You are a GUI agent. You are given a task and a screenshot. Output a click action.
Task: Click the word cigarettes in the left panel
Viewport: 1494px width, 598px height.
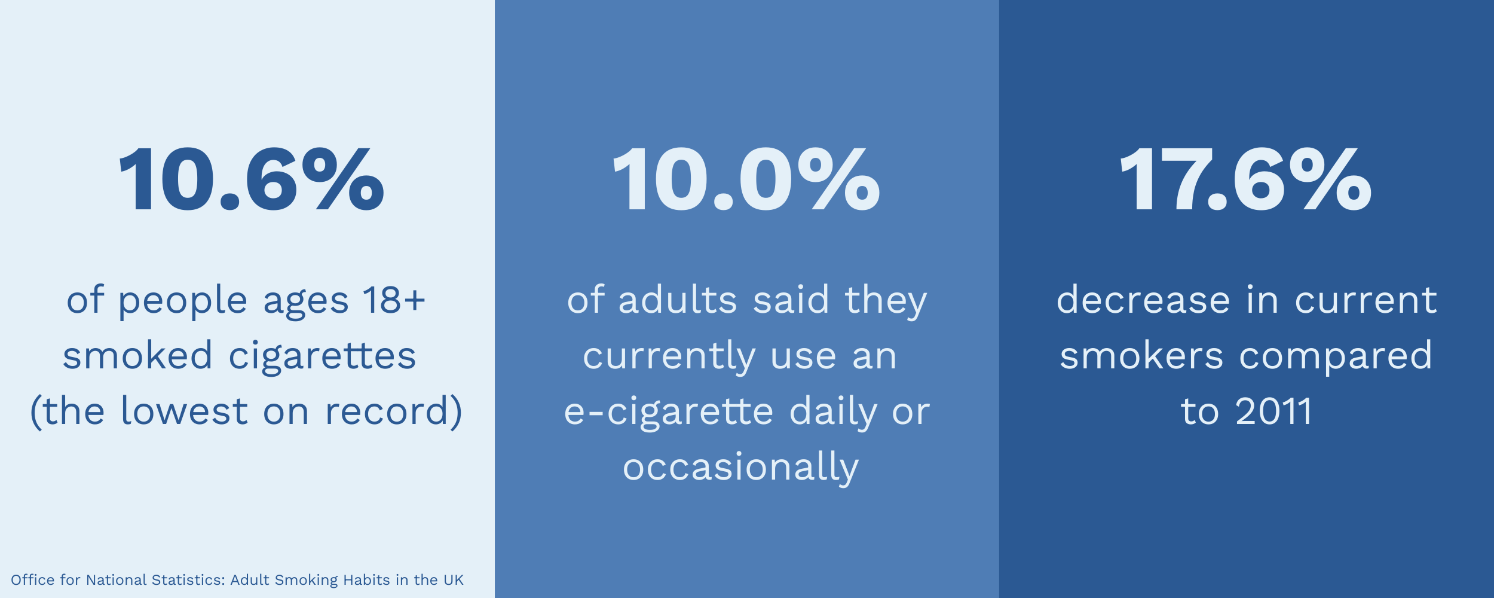[322, 356]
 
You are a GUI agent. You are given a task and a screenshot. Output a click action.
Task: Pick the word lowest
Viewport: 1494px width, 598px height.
[184, 411]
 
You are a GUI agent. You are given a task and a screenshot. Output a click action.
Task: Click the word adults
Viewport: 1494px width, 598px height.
[678, 300]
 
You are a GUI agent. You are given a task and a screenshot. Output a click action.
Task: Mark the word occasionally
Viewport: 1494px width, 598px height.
[741, 468]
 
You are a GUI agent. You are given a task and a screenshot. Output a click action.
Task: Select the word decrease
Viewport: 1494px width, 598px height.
[1143, 300]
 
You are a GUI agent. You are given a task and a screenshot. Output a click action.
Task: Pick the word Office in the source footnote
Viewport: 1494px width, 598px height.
[33, 580]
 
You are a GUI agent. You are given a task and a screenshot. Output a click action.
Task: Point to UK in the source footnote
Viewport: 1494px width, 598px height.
[454, 580]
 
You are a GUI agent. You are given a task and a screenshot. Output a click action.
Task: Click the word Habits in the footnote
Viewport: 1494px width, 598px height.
[366, 580]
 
